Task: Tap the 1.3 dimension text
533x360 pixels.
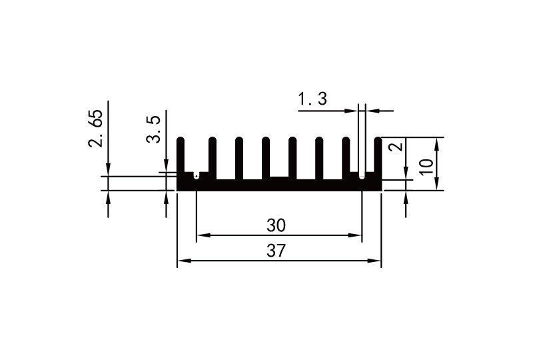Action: (312, 100)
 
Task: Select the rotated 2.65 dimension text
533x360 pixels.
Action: (96, 129)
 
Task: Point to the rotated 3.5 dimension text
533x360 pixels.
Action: (154, 129)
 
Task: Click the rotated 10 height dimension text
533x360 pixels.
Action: (427, 165)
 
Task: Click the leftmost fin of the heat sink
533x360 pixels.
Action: (181, 156)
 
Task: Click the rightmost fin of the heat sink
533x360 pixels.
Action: (378, 157)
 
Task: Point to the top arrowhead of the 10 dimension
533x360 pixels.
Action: (438, 142)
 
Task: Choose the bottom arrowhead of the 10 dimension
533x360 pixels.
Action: (438, 186)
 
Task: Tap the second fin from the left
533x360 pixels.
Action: (213, 157)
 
